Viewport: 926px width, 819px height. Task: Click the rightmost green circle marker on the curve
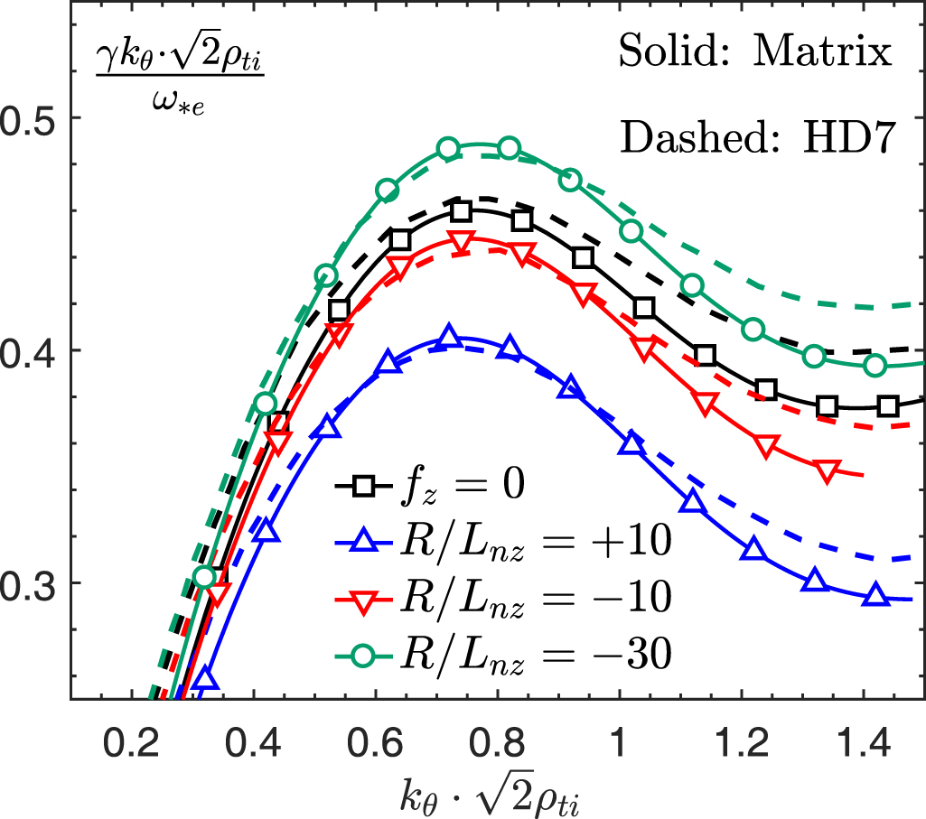point(875,365)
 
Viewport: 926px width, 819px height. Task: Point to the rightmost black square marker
point(888,406)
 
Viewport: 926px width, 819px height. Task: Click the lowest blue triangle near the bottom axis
point(206,679)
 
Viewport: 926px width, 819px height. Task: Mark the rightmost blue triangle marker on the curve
point(875,595)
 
